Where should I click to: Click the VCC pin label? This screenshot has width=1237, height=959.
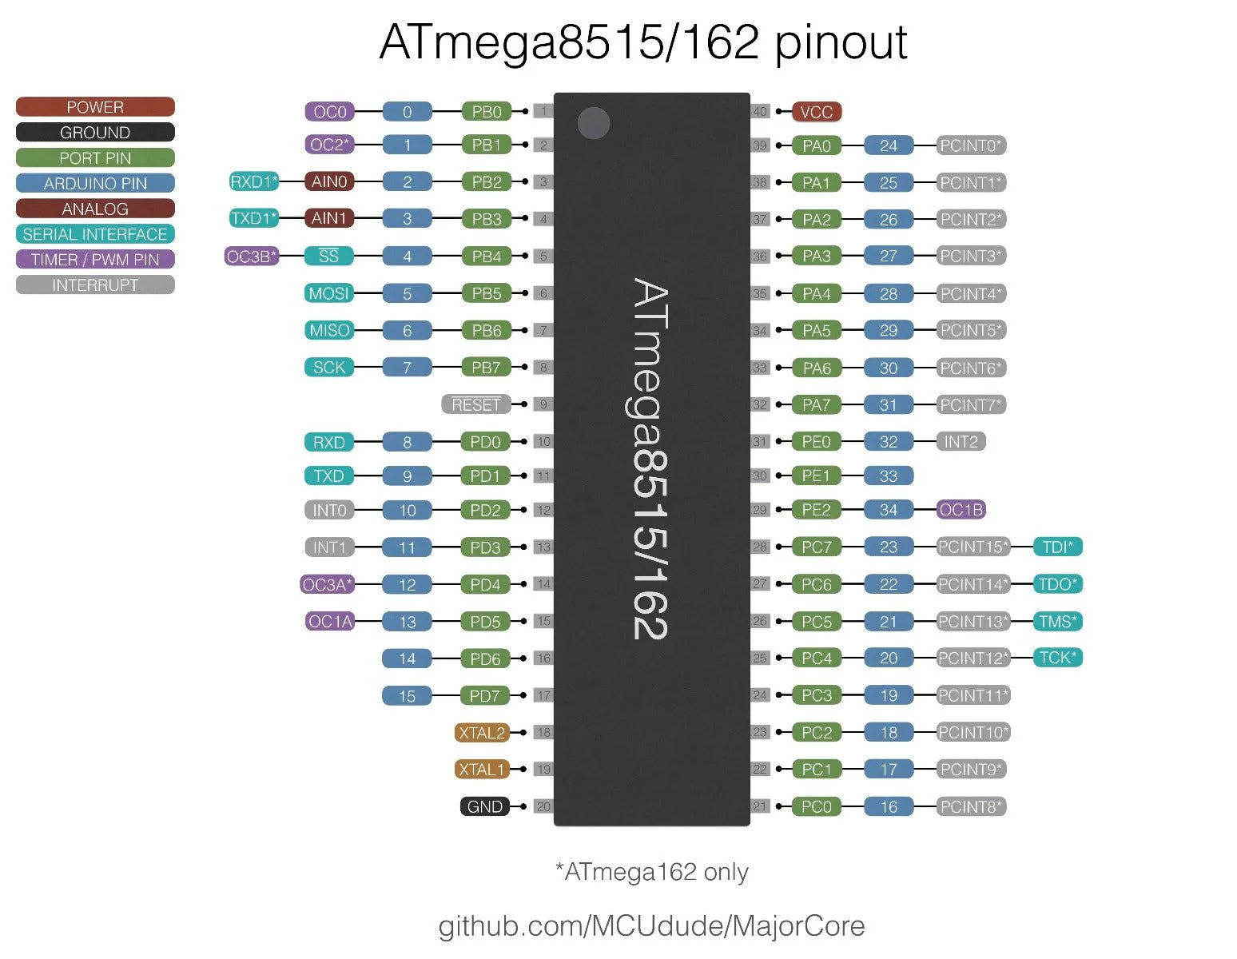(816, 112)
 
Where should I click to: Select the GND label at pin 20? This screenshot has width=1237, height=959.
(484, 806)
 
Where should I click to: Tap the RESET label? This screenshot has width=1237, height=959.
(475, 404)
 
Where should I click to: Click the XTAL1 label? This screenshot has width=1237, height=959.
(482, 769)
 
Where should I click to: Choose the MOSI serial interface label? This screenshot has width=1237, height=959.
(329, 293)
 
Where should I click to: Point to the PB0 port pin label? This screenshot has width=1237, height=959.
(486, 112)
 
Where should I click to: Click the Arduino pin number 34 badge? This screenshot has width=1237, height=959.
(888, 510)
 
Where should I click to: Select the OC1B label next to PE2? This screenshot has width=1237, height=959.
(961, 510)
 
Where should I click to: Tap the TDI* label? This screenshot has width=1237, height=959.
(1057, 547)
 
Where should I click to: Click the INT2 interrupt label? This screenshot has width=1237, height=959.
(961, 442)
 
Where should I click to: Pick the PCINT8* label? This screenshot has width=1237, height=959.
(970, 806)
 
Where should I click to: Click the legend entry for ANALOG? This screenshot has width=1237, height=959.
(95, 209)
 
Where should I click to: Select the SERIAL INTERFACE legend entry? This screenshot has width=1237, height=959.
(95, 234)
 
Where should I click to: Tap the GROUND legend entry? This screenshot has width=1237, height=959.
(95, 133)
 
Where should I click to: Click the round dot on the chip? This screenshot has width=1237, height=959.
(594, 123)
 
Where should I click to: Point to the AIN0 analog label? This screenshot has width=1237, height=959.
(329, 181)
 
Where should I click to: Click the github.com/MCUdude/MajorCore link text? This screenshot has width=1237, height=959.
(651, 925)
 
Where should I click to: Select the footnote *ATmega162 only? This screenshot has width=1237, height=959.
(651, 872)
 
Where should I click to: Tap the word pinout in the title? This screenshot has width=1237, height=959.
(841, 43)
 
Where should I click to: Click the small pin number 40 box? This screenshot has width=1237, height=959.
(760, 112)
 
